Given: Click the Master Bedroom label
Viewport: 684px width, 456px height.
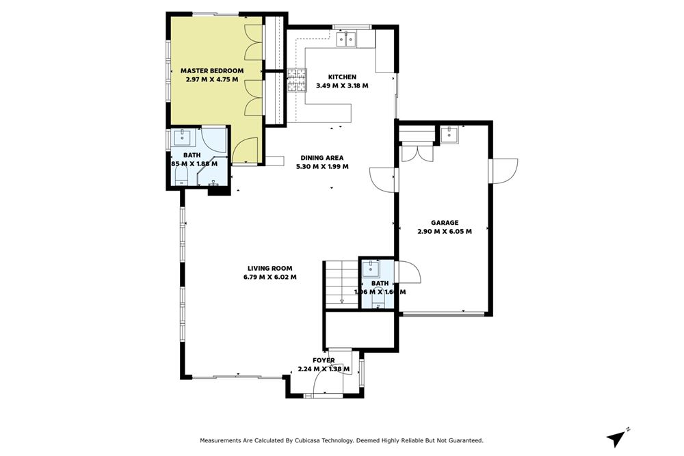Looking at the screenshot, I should click(x=212, y=70).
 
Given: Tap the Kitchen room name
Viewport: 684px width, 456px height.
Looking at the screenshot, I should click(x=342, y=77).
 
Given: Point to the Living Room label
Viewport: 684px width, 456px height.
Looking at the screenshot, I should click(x=269, y=268).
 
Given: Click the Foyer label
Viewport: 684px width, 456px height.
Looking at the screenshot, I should click(x=324, y=360).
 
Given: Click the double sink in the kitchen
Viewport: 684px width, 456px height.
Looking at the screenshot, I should click(x=347, y=40).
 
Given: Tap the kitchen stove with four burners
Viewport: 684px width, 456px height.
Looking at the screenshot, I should click(x=298, y=81).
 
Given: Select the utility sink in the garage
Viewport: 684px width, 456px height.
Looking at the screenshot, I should click(x=450, y=134).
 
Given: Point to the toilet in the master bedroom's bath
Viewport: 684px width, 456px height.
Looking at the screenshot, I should click(x=181, y=177).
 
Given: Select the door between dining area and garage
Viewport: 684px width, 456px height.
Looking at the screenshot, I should click(x=383, y=180).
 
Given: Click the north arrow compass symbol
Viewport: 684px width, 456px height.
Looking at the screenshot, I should click(x=618, y=435).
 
